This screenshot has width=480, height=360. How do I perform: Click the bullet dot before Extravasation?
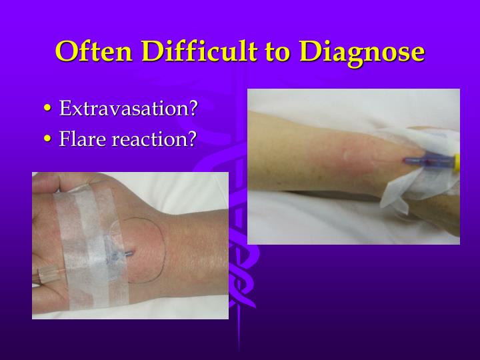[47, 109]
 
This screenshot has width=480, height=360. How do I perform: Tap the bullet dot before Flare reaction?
[47, 140]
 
